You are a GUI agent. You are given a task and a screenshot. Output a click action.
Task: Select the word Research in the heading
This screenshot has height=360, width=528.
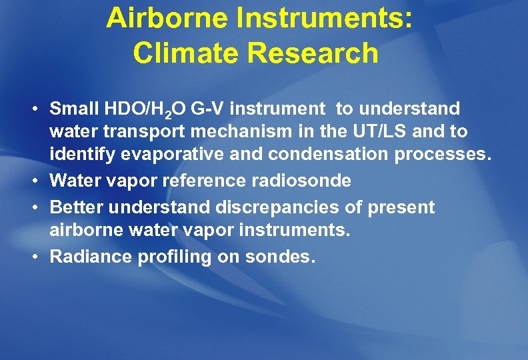point(313,53)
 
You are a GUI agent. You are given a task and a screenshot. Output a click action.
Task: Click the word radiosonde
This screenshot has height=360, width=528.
point(306,181)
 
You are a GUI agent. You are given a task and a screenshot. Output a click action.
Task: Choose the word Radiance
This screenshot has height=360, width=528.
point(91,257)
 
